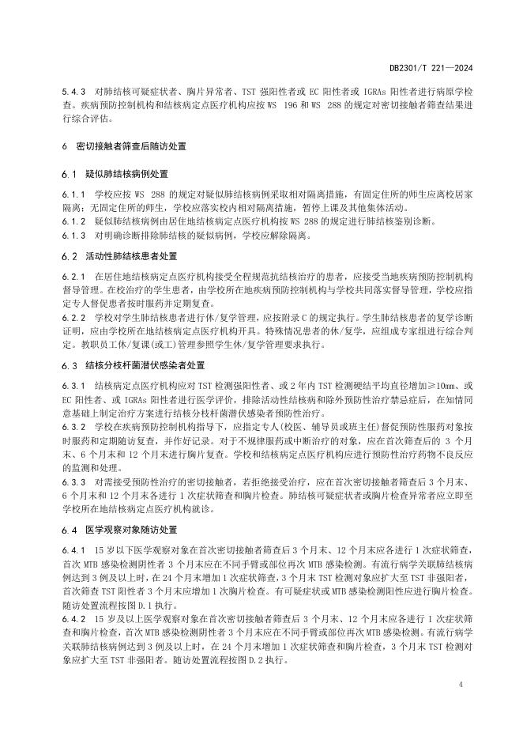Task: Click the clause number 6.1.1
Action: tap(72, 194)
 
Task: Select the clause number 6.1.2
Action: tap(72, 222)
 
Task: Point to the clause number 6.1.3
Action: tap(72, 235)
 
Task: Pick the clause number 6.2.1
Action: tap(72, 277)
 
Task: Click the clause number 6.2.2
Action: tap(72, 318)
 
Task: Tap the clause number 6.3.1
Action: tap(72, 386)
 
